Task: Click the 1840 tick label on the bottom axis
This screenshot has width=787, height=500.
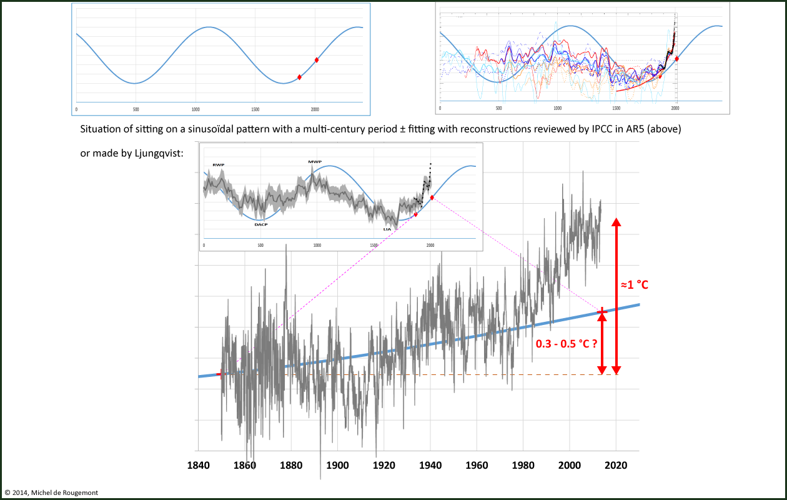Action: coord(198,465)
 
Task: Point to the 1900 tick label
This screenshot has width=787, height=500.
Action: coord(337,465)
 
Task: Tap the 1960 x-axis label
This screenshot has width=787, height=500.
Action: coord(477,465)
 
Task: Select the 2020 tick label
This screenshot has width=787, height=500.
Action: coord(616,465)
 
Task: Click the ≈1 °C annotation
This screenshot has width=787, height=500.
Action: coord(635,285)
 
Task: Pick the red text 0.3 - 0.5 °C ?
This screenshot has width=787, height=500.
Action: coord(565,343)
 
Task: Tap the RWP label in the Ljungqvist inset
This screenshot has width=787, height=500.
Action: coord(218,165)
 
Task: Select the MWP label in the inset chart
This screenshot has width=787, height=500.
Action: coord(314,162)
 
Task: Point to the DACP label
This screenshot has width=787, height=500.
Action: coord(261,224)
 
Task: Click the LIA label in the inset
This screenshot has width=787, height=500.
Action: coord(387,229)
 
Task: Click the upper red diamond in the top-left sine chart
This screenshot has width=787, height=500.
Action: coord(317,60)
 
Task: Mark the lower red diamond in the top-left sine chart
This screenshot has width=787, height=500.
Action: coord(299,77)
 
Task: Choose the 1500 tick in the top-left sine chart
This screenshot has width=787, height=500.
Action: coord(255,109)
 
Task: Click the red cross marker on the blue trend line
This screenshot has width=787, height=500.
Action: coord(601,311)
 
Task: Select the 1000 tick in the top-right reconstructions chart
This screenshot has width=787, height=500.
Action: coord(558,108)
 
